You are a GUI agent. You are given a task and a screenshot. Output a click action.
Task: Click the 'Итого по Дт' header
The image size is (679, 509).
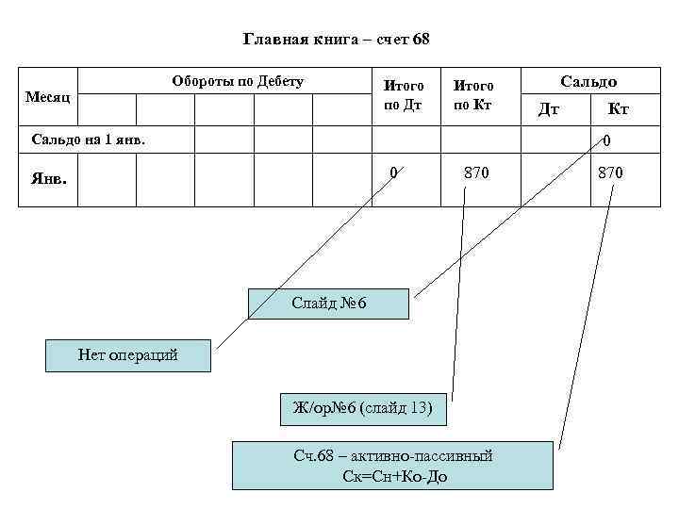pos(403,94)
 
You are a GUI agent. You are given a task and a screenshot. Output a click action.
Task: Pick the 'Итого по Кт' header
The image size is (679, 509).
pos(474,94)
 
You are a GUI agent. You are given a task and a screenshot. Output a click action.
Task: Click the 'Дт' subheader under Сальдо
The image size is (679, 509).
pos(548,109)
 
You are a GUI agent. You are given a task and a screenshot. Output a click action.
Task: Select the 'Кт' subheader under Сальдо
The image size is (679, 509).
pos(619,109)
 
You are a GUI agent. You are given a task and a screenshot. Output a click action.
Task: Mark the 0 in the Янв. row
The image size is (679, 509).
pos(395,172)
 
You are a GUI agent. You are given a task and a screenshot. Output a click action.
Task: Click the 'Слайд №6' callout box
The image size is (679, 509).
pos(328,304)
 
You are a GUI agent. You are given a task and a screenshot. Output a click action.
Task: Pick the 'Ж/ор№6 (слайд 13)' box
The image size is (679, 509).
pos(363,407)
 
